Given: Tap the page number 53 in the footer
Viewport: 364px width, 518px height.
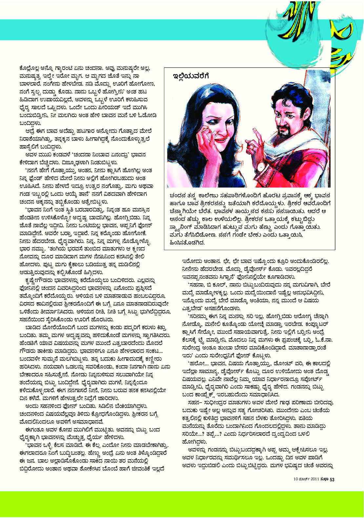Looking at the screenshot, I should click(x=332, y=480).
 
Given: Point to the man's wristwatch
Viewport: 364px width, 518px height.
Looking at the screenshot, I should click(x=261, y=167).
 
